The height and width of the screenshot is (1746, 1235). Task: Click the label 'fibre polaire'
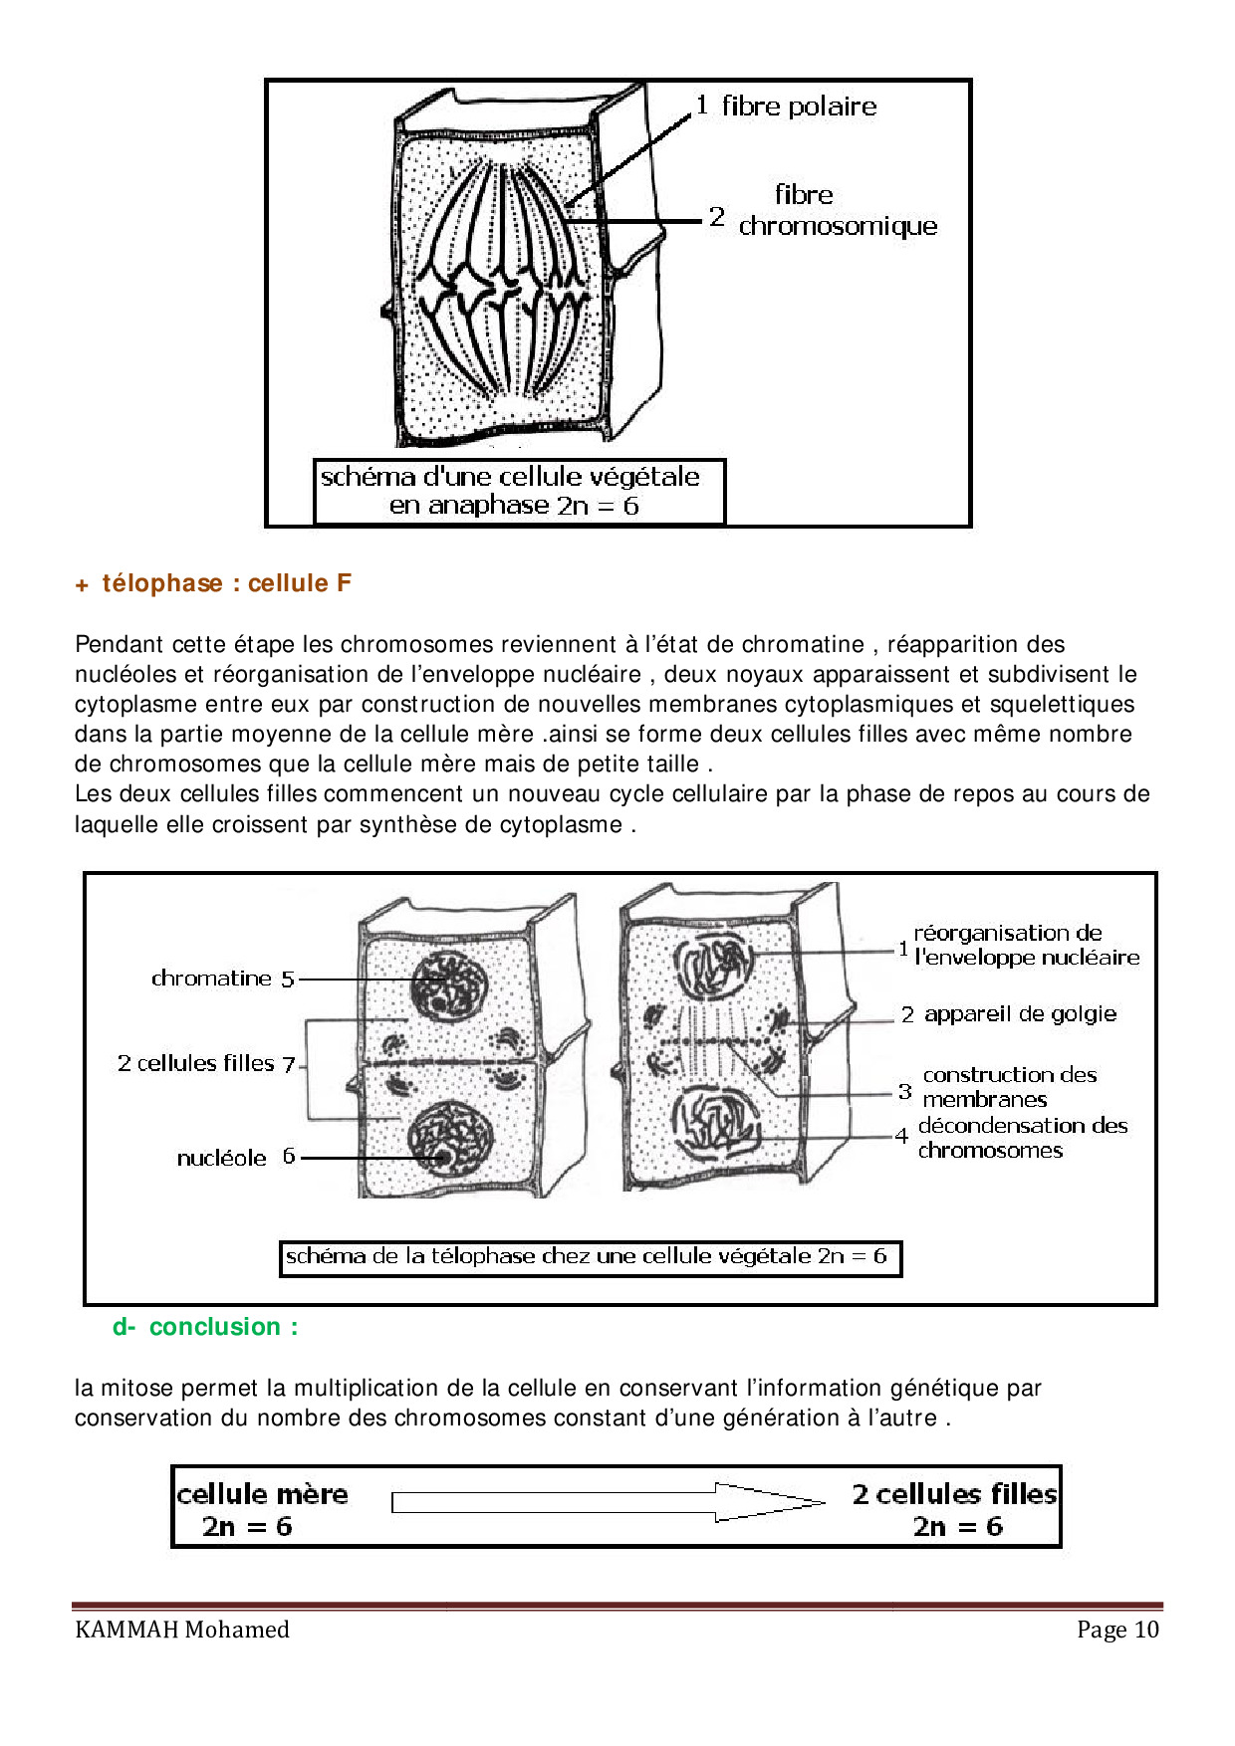[799, 107]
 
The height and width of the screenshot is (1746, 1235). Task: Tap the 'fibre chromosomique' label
[837, 211]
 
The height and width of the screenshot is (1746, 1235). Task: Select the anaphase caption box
[519, 491]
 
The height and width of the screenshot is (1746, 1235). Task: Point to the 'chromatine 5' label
[222, 979]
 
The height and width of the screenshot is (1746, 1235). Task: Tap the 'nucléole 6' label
[235, 1158]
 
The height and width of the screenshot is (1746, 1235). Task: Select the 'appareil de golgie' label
[1019, 1014]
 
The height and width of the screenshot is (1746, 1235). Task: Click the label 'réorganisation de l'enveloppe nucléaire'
[1025, 946]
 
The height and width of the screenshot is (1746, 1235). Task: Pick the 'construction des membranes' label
[1008, 1087]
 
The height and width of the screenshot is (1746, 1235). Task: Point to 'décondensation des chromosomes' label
[1022, 1138]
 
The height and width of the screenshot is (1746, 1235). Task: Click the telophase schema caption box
[590, 1257]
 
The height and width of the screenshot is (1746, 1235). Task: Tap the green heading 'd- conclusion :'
[205, 1327]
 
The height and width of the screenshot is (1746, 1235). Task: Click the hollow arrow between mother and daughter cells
[608, 1502]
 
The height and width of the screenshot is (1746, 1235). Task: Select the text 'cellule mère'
[263, 1494]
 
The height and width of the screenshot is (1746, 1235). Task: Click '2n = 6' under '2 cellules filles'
[957, 1527]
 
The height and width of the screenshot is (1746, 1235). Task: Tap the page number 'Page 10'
[1117, 1630]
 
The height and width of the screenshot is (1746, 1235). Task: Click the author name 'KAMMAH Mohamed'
[182, 1630]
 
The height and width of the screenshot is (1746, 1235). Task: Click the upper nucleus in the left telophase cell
[447, 984]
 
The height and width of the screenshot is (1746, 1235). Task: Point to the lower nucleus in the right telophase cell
[715, 1121]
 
